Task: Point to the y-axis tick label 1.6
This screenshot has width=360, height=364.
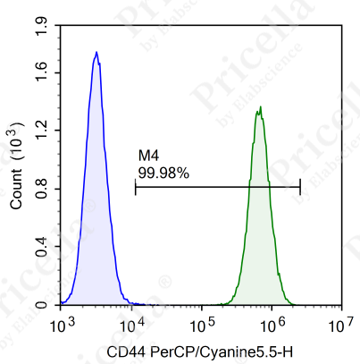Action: [40, 72]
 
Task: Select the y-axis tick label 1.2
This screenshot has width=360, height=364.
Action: [40, 131]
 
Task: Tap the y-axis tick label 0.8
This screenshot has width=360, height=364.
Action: [40, 189]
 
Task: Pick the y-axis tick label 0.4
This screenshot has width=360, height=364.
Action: [40, 247]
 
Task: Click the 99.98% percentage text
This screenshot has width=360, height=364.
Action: [163, 173]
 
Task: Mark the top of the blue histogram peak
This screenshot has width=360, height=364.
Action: [96, 53]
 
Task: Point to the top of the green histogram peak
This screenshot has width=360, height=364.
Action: [260, 108]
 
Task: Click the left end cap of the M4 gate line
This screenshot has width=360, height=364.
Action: [135, 186]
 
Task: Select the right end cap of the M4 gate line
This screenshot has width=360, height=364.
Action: [300, 186]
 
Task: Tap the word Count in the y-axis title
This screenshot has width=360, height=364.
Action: [16, 190]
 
